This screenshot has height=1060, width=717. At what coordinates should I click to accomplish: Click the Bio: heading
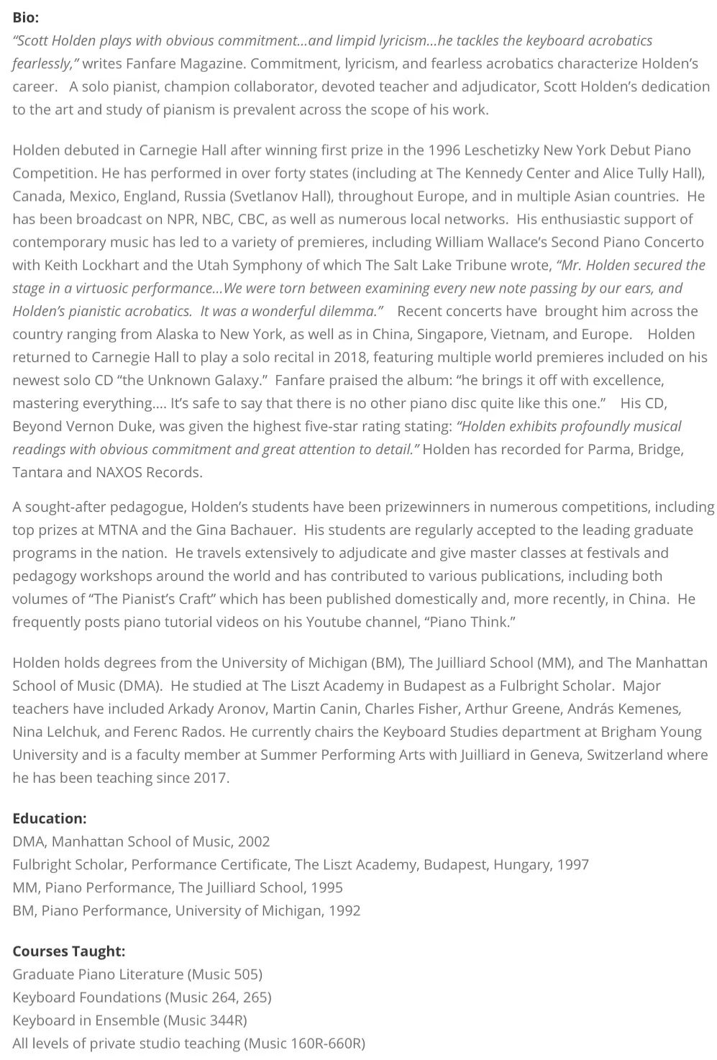point(26,17)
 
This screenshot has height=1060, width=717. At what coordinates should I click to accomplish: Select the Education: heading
point(50,818)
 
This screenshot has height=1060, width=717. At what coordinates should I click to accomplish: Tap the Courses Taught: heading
point(69,951)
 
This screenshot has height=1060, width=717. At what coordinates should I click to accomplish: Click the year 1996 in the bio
point(444,150)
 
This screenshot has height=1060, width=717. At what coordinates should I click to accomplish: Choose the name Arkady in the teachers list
point(193,709)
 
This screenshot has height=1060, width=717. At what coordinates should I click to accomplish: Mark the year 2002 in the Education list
point(254,841)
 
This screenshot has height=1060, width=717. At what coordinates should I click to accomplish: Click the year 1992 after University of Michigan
point(344,910)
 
